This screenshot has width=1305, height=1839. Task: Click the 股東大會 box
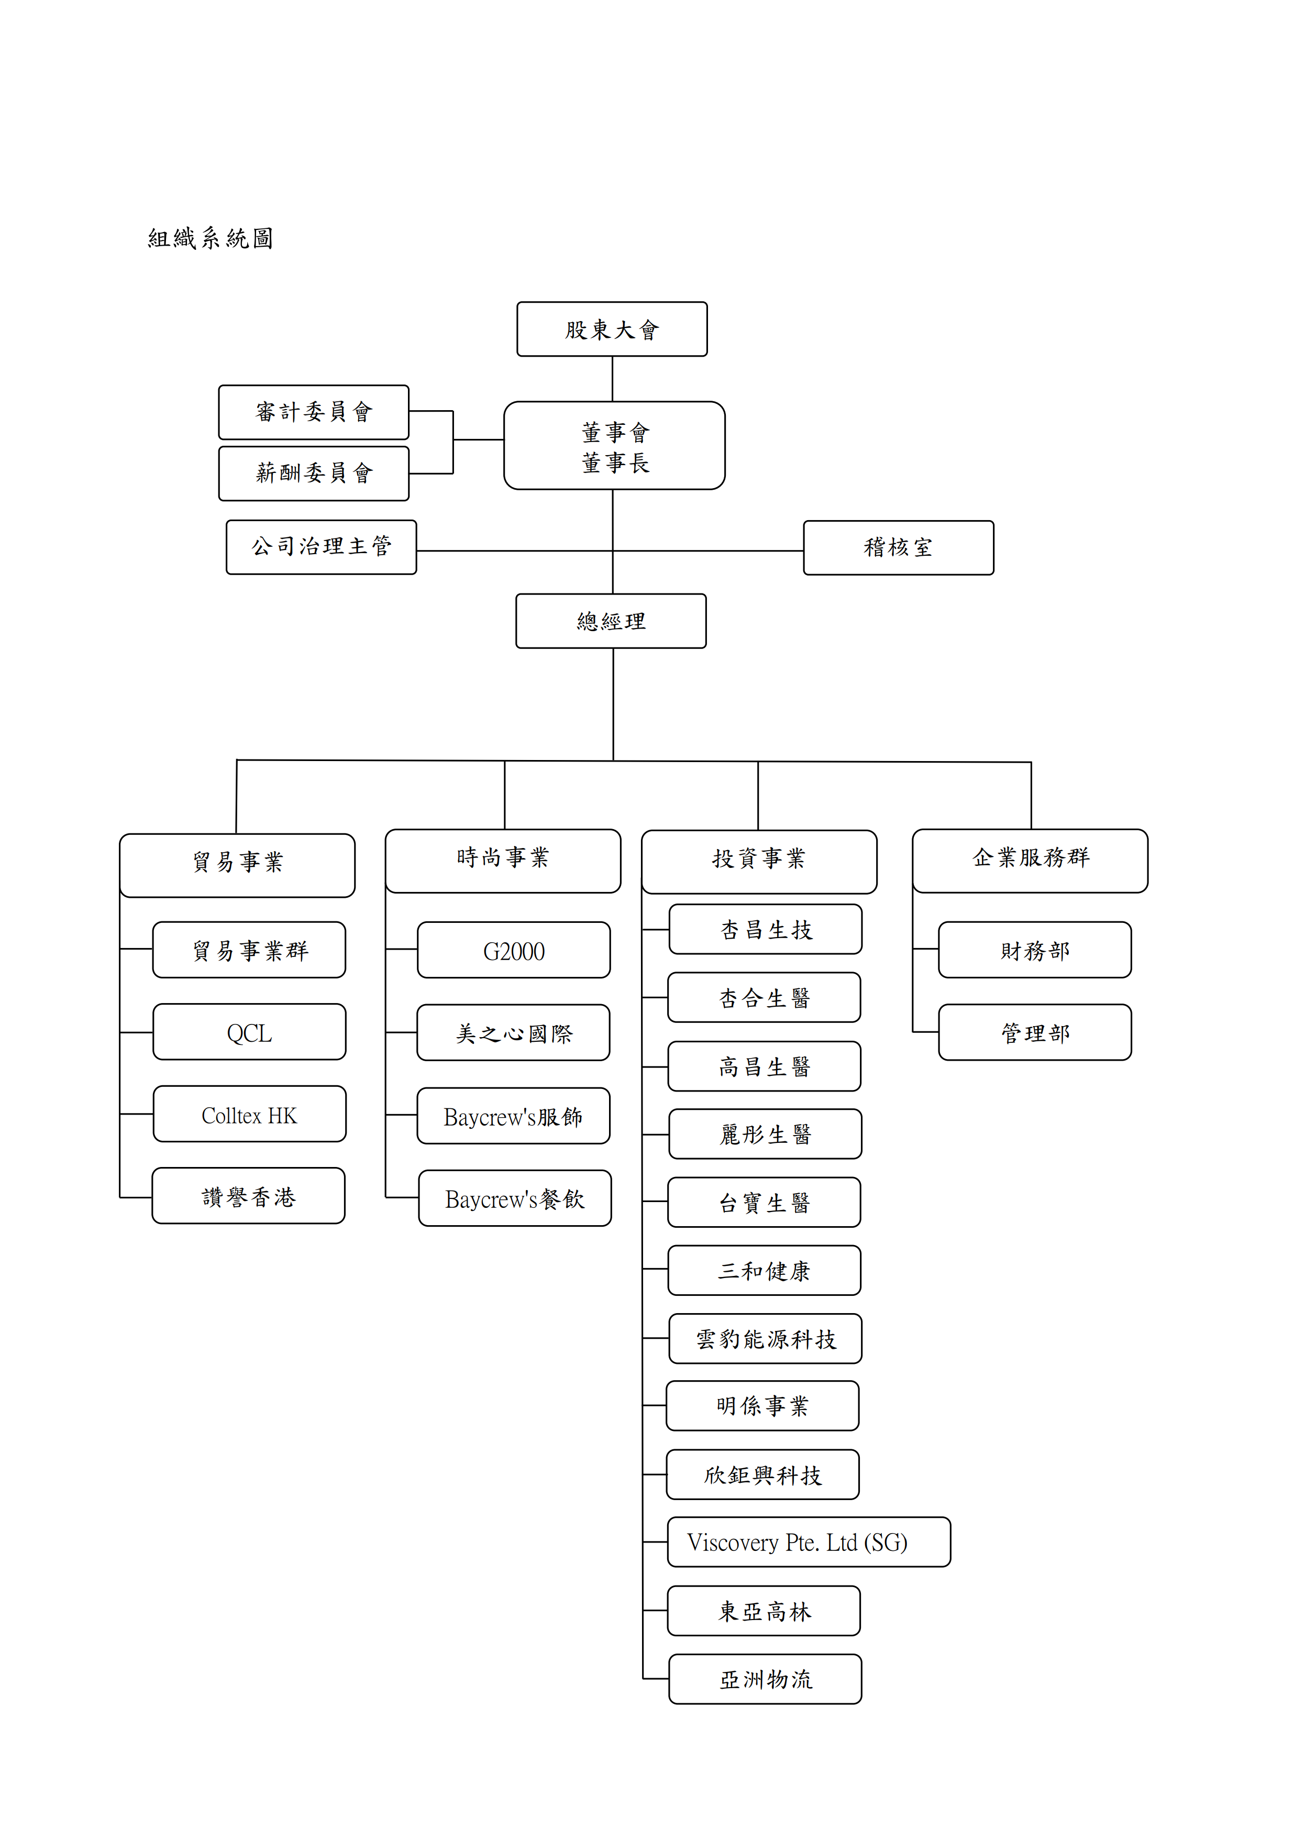click(612, 329)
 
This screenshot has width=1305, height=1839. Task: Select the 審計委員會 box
click(313, 412)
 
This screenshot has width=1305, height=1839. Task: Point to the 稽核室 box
click(899, 547)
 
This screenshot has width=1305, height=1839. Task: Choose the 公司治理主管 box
click(322, 546)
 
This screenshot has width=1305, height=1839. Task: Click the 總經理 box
click(611, 621)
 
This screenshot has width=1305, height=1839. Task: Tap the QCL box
click(249, 1031)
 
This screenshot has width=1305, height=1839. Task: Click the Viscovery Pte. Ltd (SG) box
click(809, 1541)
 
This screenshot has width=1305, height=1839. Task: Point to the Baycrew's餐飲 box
click(514, 1197)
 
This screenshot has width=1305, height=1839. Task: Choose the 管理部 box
click(1035, 1032)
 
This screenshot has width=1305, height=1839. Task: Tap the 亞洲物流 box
click(765, 1678)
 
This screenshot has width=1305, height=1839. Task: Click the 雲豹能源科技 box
click(765, 1338)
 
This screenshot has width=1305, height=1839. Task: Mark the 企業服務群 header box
click(1030, 861)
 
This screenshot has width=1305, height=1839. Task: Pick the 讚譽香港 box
click(248, 1195)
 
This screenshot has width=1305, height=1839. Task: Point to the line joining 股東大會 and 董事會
click(612, 379)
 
